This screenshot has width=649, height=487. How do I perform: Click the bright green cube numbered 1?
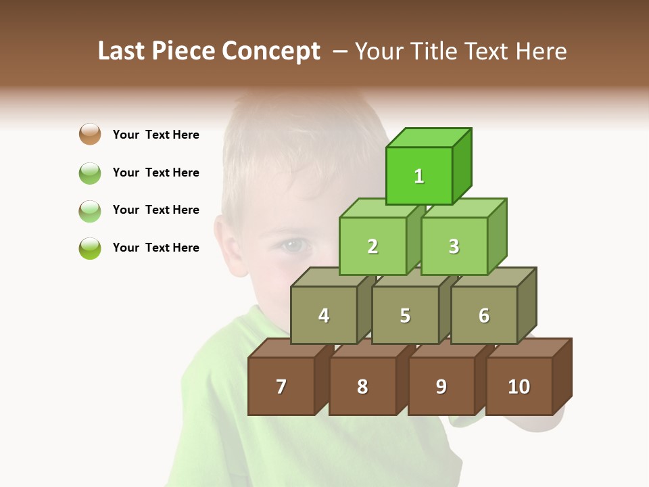tap(419, 176)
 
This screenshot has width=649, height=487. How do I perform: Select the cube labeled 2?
tap(372, 246)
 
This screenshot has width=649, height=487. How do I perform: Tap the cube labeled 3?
tap(454, 246)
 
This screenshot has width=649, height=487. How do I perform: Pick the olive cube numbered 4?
tap(324, 315)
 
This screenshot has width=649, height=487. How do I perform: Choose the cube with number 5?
tap(405, 315)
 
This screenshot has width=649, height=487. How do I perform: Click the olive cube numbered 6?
tap(484, 315)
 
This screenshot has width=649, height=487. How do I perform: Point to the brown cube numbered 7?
tap(281, 386)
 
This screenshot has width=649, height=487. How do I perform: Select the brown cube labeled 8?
tap(362, 386)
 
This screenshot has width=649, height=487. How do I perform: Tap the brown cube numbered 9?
tap(441, 386)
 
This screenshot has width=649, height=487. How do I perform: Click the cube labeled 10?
tap(519, 386)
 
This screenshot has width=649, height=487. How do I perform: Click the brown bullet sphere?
tap(90, 134)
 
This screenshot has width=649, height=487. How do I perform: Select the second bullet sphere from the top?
tap(90, 172)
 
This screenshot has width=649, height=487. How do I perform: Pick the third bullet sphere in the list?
tap(90, 210)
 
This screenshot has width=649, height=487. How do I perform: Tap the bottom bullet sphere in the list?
tap(90, 248)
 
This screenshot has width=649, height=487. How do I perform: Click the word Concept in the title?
tap(271, 51)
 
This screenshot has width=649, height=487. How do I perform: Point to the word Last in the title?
tap(122, 51)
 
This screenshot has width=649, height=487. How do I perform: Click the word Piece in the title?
tap(185, 51)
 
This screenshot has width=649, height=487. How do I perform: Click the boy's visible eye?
tap(292, 245)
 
